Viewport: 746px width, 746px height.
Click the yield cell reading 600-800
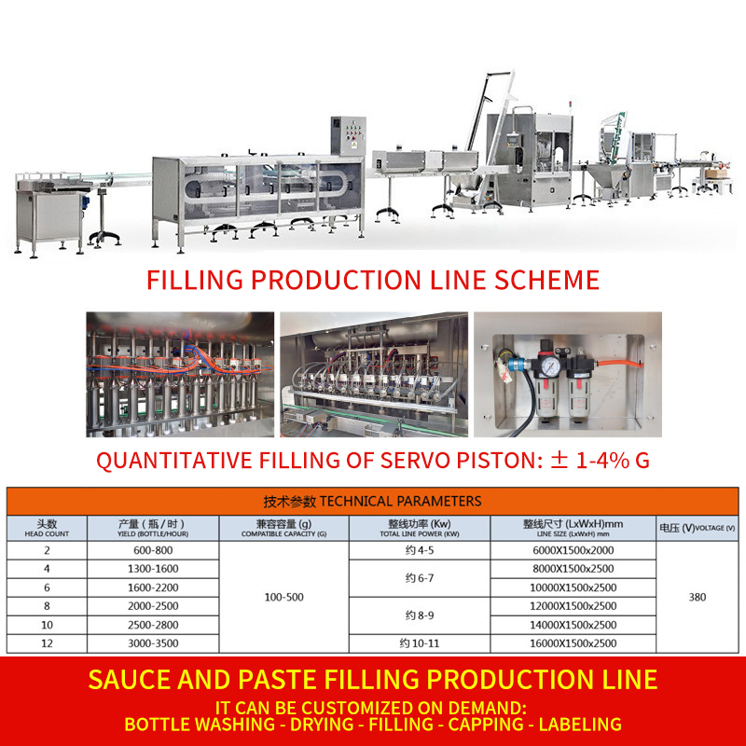154,550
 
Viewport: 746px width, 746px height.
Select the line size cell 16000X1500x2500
573,643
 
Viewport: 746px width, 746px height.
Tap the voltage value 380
697,597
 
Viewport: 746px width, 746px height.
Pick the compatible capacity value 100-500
284,597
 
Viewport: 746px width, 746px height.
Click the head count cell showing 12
47,643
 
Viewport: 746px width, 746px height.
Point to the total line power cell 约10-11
420,643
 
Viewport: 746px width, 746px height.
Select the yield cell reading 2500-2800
154,625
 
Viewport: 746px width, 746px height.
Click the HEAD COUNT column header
47,529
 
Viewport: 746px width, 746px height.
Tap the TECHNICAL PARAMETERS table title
372,501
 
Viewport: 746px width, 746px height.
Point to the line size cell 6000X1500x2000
573,550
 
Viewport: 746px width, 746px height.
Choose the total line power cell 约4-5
420,550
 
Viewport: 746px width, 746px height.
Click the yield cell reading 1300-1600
154,569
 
